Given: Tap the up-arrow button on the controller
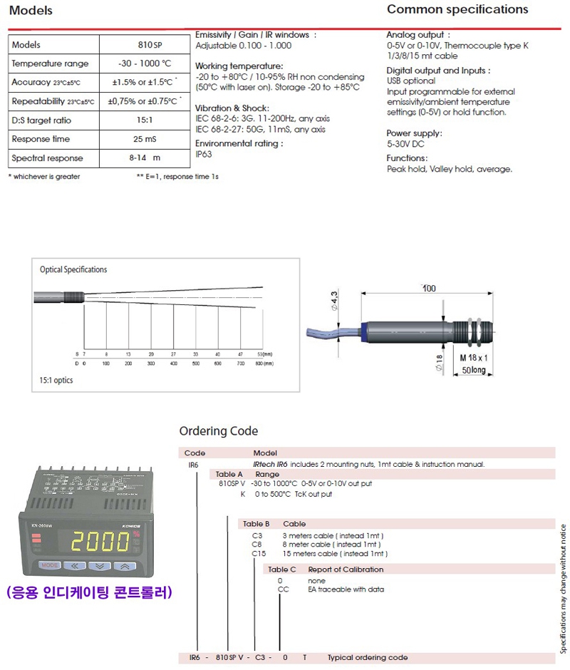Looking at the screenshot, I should pos(125,567).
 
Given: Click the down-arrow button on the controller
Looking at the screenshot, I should pos(100,567).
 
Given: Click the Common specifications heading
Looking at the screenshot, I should pos(457,10).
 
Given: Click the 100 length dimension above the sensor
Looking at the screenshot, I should pos(429,288).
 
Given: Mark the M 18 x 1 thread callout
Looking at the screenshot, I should pos(474,356).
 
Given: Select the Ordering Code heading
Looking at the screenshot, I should pos(219,431).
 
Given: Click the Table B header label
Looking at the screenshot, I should pos(256,524).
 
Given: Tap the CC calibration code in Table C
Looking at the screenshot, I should pos(283,590).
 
